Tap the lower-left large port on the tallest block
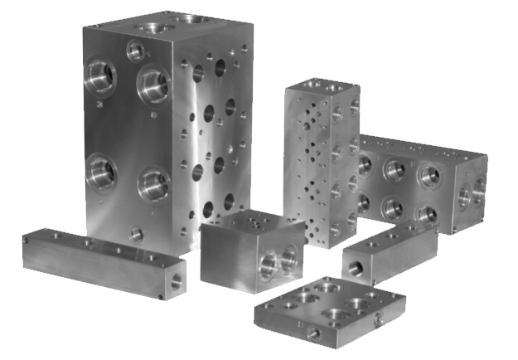click(x=101, y=173)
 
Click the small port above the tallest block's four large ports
click(x=135, y=51)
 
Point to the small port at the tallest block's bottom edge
click(x=137, y=234)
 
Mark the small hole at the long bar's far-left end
click(x=26, y=240)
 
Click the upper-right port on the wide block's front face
click(x=429, y=175)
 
